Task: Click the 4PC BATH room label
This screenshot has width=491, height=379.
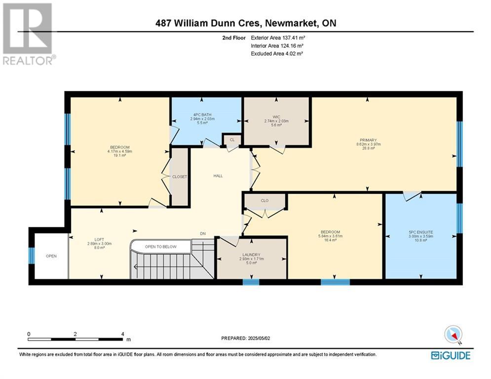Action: point(202,114)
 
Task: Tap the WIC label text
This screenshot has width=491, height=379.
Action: point(276,117)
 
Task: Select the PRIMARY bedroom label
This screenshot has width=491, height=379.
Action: point(368,140)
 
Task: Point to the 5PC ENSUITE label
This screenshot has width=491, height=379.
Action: point(421,232)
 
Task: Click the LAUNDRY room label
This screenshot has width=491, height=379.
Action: point(251,255)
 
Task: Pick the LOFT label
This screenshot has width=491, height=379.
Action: point(99,240)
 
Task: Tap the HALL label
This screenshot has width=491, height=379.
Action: point(218,176)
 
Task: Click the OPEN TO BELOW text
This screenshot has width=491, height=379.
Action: point(161,247)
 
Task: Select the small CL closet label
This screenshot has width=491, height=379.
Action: point(232,140)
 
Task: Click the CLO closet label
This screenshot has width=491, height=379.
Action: point(264,200)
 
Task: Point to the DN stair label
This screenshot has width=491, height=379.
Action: point(203,233)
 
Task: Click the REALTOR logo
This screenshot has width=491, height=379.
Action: point(29,34)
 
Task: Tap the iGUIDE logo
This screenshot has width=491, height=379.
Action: point(451,355)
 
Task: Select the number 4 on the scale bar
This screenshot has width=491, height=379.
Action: point(123,334)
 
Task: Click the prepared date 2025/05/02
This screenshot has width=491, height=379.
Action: point(259,338)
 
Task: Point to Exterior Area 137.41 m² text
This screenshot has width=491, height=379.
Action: point(278,38)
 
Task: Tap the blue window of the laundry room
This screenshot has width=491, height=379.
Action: point(251,282)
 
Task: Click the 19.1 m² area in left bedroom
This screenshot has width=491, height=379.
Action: point(119,155)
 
